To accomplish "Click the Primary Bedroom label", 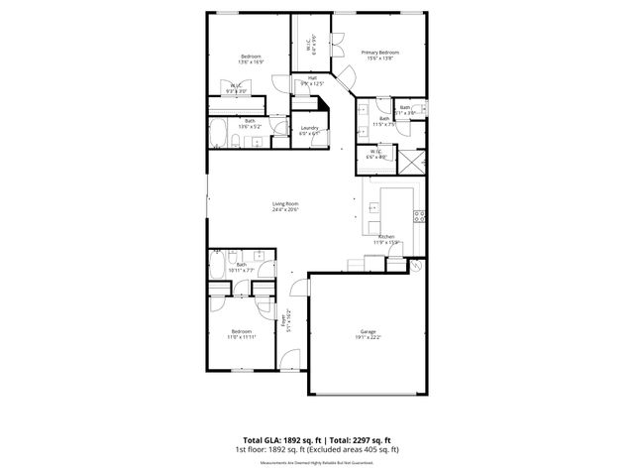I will point(379,52).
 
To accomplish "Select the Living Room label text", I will point(285,203).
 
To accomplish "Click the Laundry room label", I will point(308,128).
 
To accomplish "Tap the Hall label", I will point(312,77).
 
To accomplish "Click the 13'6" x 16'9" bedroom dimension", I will point(250,62).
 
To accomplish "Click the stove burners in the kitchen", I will point(419,215).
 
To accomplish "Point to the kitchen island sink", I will point(374,208).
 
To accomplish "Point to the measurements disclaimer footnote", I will point(317,462).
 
